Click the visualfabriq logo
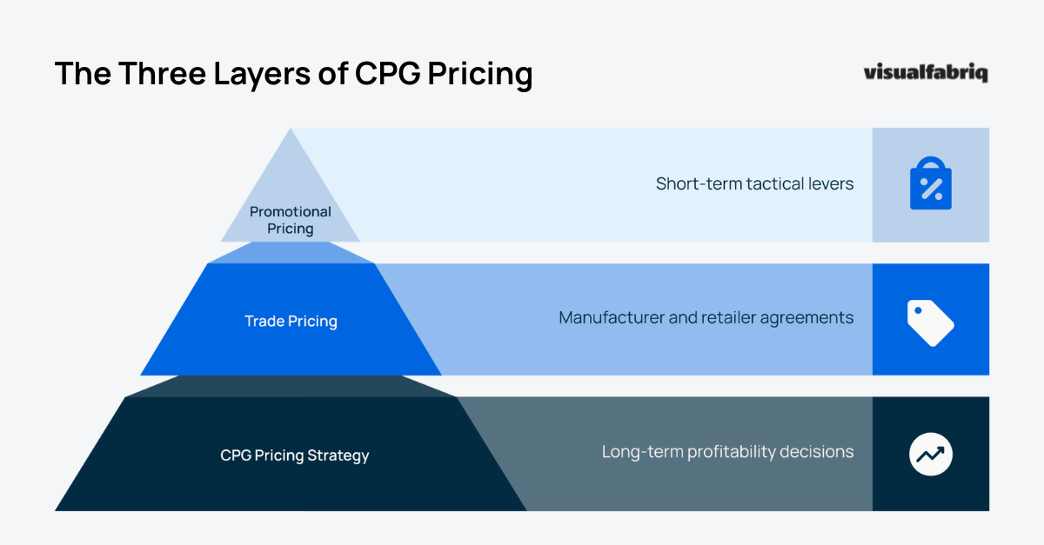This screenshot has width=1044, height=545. (x=926, y=73)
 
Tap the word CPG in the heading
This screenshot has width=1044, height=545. (x=388, y=74)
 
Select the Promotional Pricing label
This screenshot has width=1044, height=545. (x=291, y=220)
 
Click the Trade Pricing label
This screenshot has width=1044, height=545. (x=291, y=322)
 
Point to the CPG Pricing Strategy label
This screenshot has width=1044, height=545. (x=295, y=455)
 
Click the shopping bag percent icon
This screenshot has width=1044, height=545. (x=931, y=184)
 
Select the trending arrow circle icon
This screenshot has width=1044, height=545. (x=931, y=455)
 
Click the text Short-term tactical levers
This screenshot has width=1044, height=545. (x=754, y=184)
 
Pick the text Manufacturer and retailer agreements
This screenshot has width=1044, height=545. (x=706, y=318)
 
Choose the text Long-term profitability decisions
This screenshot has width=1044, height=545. (x=727, y=452)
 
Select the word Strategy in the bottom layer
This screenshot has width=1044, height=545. (x=340, y=455)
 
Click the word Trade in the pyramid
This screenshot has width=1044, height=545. (x=264, y=322)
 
